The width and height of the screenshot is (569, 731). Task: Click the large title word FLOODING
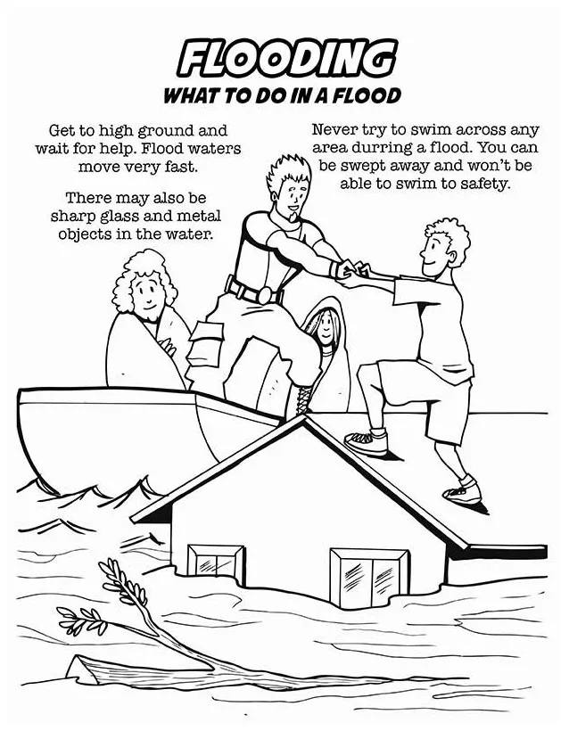[286, 60]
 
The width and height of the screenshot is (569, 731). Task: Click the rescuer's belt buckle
[266, 295]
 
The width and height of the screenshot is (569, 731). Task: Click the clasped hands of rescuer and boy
[353, 271]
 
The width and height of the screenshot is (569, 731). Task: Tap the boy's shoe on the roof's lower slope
[463, 492]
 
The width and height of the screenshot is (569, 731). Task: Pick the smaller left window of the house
[216, 564]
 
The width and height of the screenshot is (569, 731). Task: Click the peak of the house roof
[303, 416]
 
